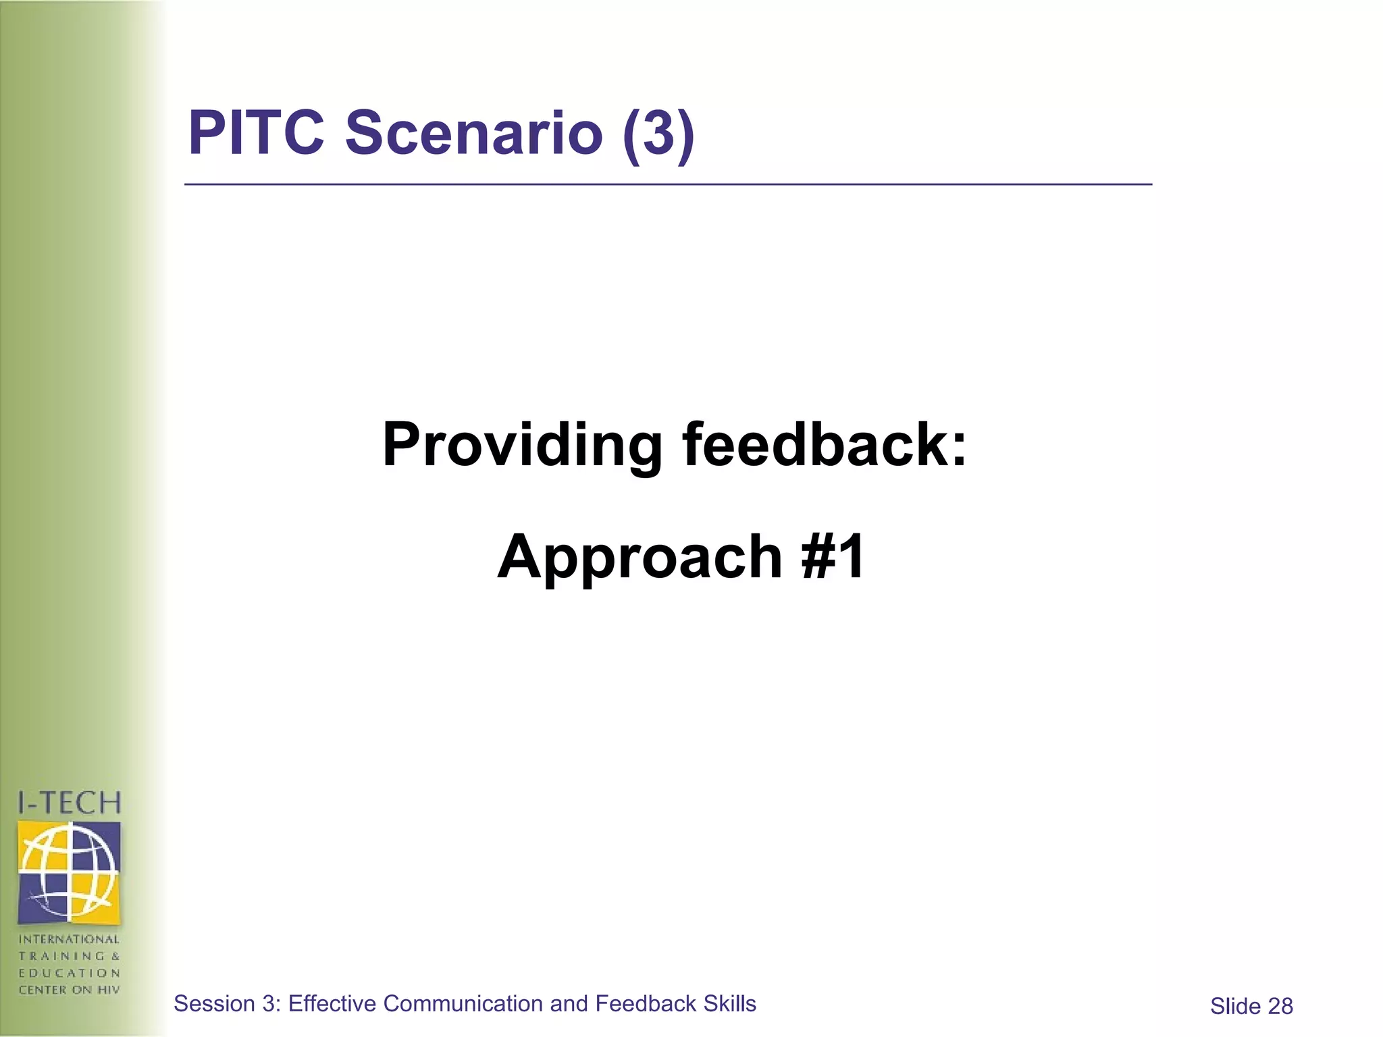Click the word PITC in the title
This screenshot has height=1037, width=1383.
tap(256, 132)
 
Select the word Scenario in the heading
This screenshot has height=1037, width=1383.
tap(473, 132)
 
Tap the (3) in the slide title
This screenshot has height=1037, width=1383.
tap(658, 134)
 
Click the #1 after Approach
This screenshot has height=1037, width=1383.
tap(833, 556)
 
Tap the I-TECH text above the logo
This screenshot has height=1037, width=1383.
tap(70, 803)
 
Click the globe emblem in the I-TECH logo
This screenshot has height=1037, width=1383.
tap(70, 872)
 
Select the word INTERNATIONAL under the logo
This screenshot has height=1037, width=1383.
tap(69, 939)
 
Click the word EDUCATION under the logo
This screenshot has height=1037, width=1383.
tap(69, 973)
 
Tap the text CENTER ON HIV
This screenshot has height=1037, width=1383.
tap(69, 990)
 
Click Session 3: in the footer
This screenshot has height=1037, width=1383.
tap(228, 1004)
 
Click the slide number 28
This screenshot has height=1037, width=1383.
tap(1280, 1007)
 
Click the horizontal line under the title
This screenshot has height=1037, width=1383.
tap(669, 184)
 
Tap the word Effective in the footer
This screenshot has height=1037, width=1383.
tap(332, 1004)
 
